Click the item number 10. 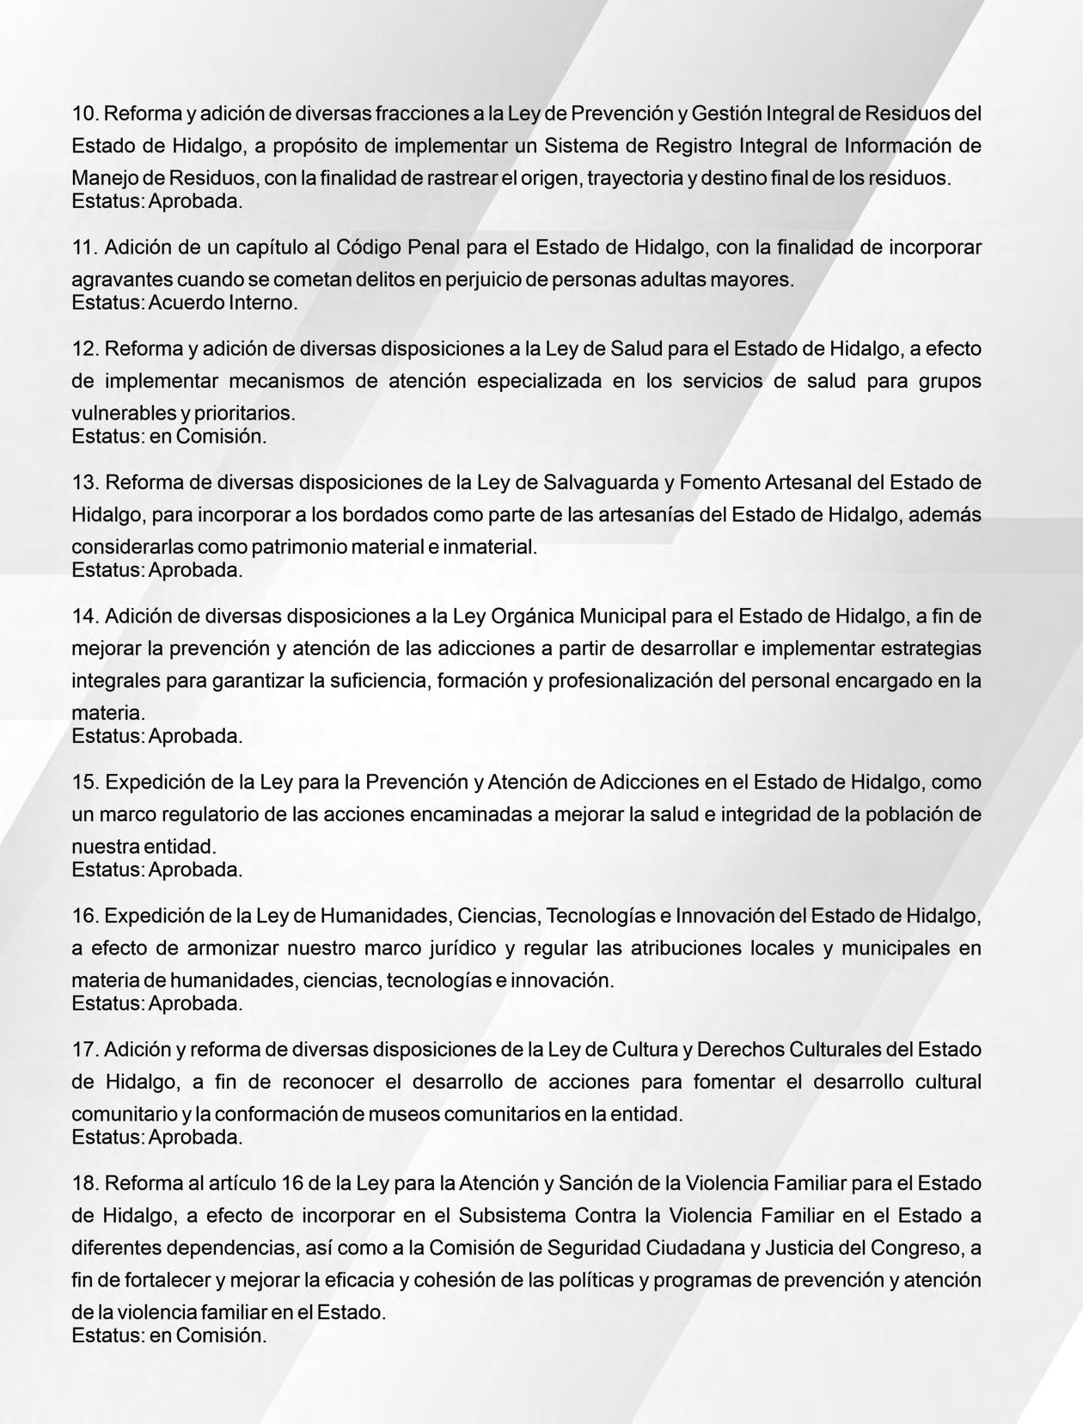(x=85, y=114)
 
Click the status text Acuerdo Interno (x=223, y=303)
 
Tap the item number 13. (x=85, y=482)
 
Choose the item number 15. (x=85, y=783)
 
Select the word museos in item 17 (x=397, y=1114)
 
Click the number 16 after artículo (x=291, y=1183)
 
